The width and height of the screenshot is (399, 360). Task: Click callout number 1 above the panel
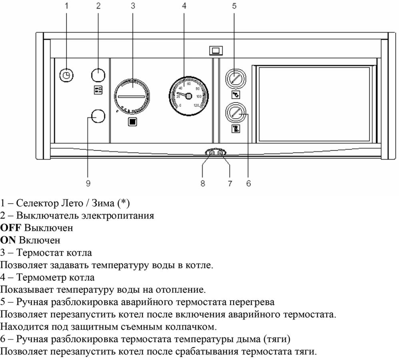point(67,6)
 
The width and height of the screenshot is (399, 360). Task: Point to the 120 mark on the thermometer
point(196,106)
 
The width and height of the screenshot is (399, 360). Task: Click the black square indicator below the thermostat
point(132,122)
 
